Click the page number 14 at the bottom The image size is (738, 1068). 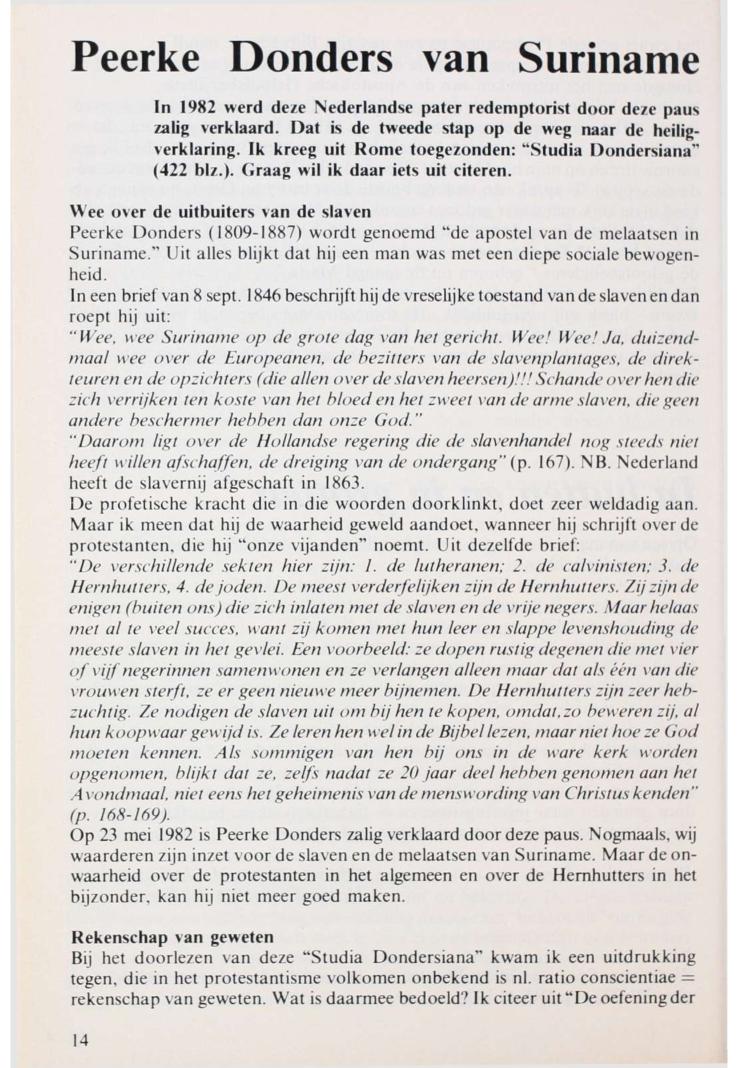click(80, 1039)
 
